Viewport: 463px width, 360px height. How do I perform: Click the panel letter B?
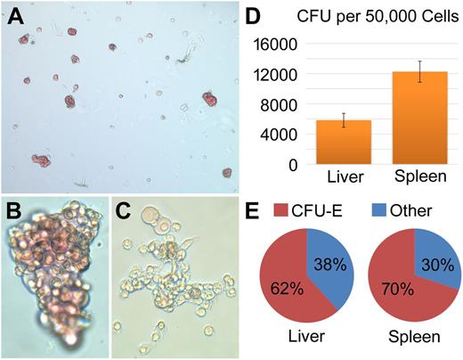[x=16, y=212]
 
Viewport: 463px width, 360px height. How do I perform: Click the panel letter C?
[x=126, y=212]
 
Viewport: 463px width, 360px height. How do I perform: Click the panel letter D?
[x=253, y=18]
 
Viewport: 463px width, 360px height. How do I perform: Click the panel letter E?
[x=253, y=212]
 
